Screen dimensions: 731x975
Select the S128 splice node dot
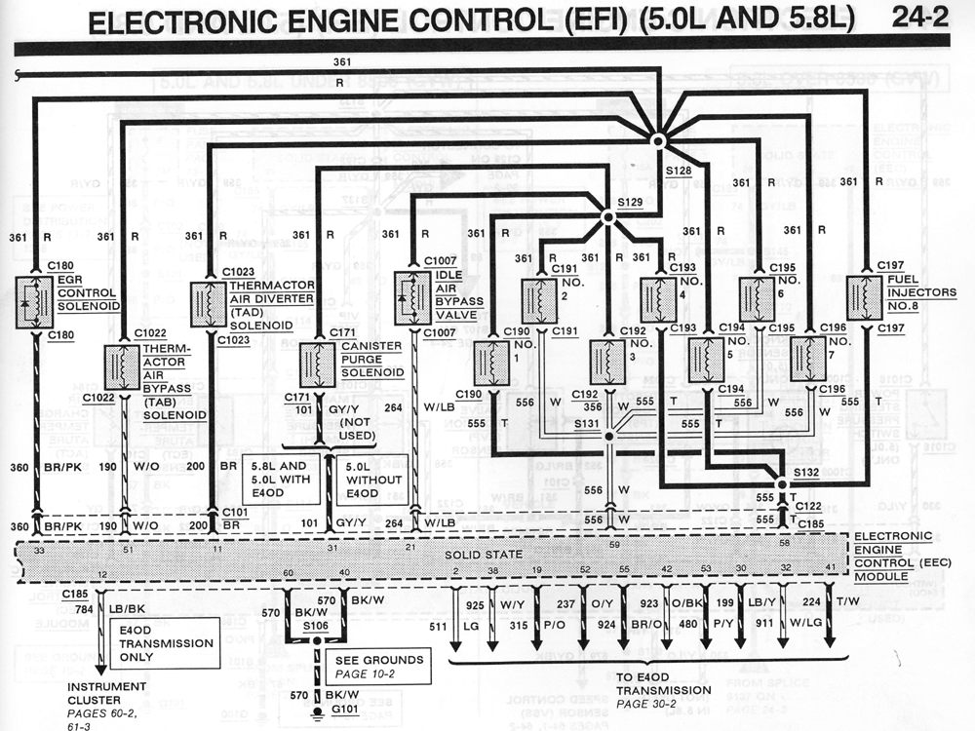[658, 141]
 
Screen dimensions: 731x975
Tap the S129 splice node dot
[607, 217]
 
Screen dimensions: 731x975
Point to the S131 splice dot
[608, 437]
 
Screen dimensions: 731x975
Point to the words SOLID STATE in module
[491, 554]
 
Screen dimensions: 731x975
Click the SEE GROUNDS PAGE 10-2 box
[378, 667]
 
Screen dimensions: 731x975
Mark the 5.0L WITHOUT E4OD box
[370, 480]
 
